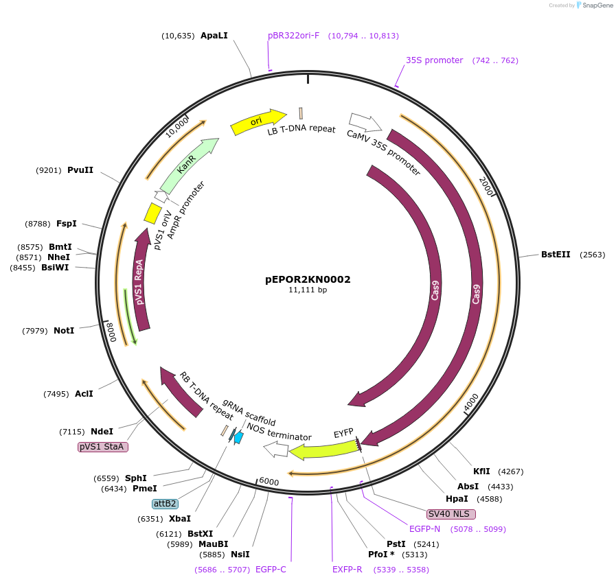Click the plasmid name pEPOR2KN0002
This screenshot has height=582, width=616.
[x=308, y=279]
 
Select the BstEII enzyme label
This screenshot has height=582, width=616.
[x=556, y=254]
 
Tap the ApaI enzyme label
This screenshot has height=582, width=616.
[x=214, y=36]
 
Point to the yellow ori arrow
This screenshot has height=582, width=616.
[x=258, y=121]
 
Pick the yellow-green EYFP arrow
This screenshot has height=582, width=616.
[x=323, y=450]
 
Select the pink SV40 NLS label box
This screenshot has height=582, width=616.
[x=450, y=513]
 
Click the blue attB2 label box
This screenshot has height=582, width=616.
[x=165, y=503]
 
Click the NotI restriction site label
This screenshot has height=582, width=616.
[x=64, y=330]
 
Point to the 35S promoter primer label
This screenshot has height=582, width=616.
[x=434, y=60]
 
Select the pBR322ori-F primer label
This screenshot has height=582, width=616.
[x=293, y=36]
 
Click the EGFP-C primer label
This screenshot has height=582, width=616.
[x=271, y=569]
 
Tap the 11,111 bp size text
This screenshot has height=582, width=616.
[x=308, y=290]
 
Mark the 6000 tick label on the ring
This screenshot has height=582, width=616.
[x=269, y=482]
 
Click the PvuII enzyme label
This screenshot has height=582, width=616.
[x=80, y=170]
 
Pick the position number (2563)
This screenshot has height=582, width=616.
[x=593, y=254]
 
